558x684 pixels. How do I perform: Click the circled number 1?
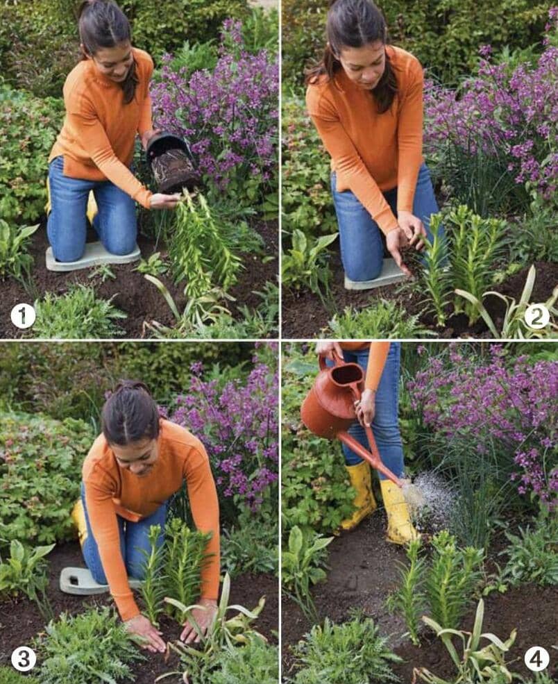pos(23,316)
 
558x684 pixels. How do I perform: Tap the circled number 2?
pos(536,317)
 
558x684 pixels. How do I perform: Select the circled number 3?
pos(23,659)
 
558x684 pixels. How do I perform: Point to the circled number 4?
pos(536,659)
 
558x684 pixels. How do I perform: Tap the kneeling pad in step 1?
pos(93,257)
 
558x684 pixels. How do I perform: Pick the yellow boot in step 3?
pos(80,522)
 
